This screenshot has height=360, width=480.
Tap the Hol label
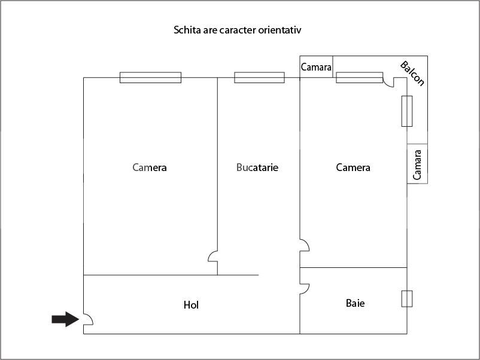[x=191, y=305]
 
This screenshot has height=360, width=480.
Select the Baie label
[x=355, y=303]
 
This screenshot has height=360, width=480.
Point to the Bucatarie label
[x=257, y=167]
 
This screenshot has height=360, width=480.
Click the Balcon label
[x=412, y=73]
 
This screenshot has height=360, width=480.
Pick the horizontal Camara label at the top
[x=316, y=67]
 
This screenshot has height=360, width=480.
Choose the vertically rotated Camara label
[x=418, y=164]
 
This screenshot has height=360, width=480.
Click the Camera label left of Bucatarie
[x=150, y=167]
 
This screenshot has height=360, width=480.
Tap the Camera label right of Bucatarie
[x=353, y=167]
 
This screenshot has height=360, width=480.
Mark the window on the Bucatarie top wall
[x=259, y=77]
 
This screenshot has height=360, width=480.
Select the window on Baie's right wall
[x=407, y=298]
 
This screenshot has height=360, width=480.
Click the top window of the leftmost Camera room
[x=150, y=77]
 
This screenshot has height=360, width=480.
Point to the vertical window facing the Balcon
[x=407, y=111]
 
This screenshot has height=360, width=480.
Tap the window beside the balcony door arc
[x=359, y=77]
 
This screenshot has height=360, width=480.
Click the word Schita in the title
[x=186, y=29]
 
